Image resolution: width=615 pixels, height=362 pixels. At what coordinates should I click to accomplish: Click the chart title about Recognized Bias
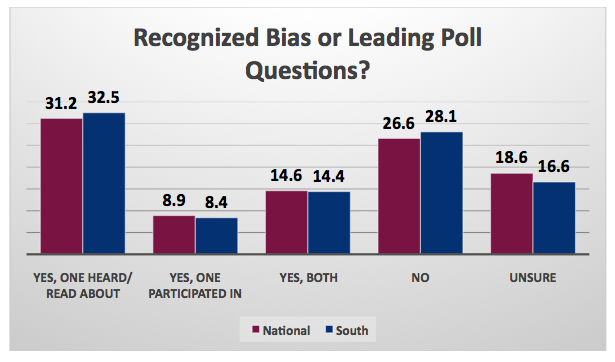click(307, 55)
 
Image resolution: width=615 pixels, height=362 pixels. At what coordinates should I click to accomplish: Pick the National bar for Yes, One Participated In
click(174, 237)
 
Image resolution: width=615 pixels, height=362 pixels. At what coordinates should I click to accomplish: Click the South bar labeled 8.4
click(216, 238)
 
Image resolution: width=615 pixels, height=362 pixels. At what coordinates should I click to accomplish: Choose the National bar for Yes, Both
click(286, 225)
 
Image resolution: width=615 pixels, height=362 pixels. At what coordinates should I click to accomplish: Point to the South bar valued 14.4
click(328, 225)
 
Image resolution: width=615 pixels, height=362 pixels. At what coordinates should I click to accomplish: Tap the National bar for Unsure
click(511, 216)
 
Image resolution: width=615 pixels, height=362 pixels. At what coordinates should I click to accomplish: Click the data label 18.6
click(511, 160)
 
